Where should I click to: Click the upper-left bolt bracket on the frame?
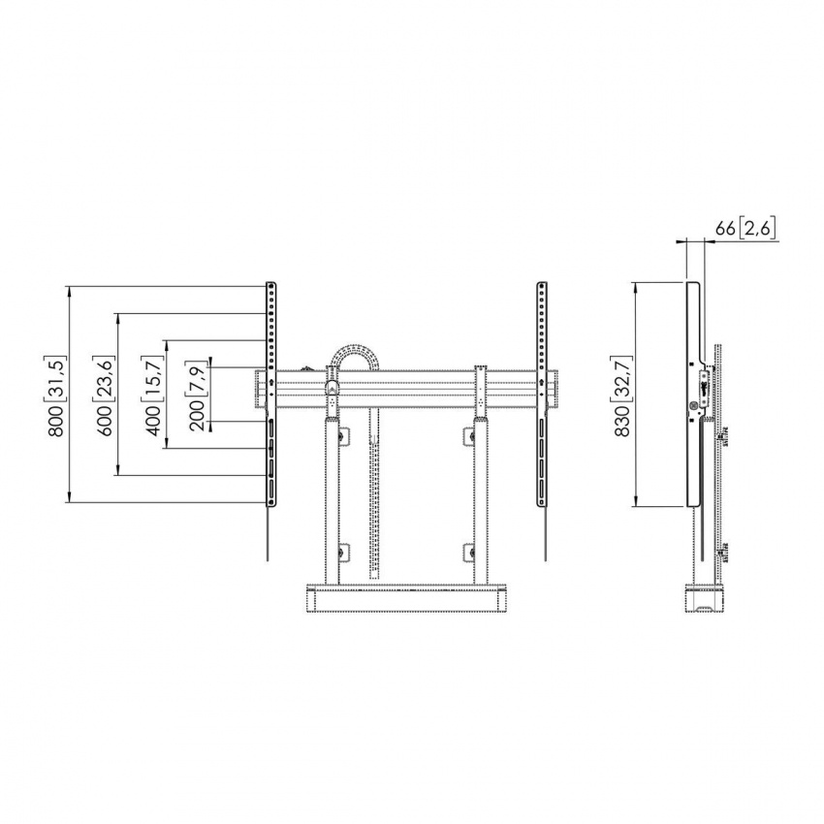[x=340, y=435]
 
